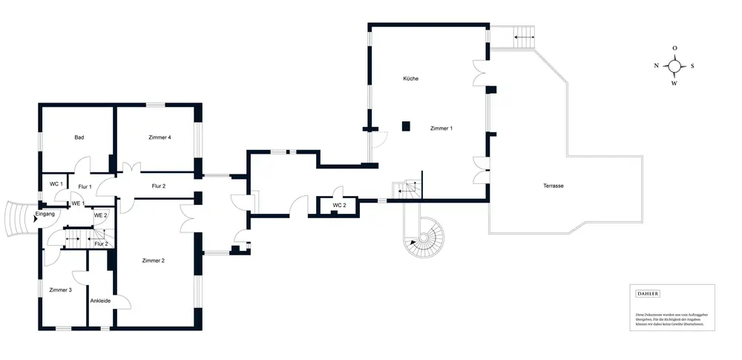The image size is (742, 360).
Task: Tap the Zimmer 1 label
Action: (441, 128)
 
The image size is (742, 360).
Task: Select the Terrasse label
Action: (553, 186)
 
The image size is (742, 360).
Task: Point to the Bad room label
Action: (79, 137)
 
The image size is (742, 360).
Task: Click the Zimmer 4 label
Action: (160, 137)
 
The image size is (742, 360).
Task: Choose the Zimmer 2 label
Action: (153, 261)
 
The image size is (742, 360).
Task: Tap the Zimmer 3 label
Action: (60, 289)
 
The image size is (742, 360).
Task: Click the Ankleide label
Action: (100, 301)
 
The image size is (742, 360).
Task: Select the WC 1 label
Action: (55, 183)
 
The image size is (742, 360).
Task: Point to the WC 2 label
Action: (339, 205)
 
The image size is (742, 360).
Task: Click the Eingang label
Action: (45, 214)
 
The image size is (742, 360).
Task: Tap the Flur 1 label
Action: (85, 186)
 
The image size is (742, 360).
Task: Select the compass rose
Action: (674, 65)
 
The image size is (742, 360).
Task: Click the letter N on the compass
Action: (656, 65)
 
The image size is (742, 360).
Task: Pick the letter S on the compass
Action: (692, 65)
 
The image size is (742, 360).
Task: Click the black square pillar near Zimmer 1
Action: (406, 126)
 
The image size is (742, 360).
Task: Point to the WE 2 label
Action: (100, 215)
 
